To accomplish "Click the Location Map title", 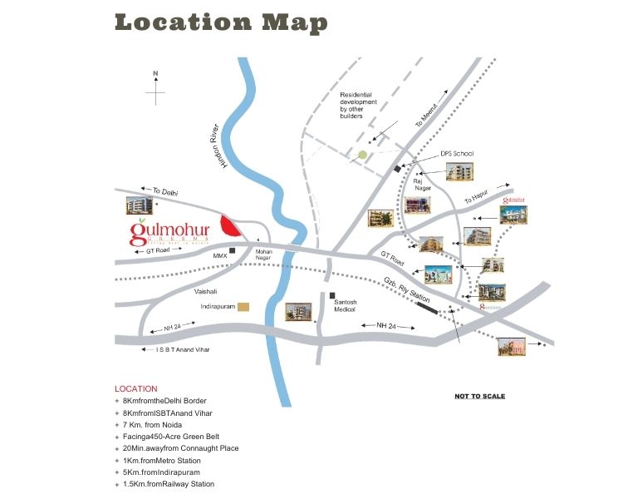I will click(220, 22).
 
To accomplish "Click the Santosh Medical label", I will click(345, 304).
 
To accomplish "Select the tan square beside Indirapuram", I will click(243, 307).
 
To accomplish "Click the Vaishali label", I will click(205, 292).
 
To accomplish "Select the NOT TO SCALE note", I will click(479, 396).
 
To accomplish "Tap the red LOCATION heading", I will click(135, 388).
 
